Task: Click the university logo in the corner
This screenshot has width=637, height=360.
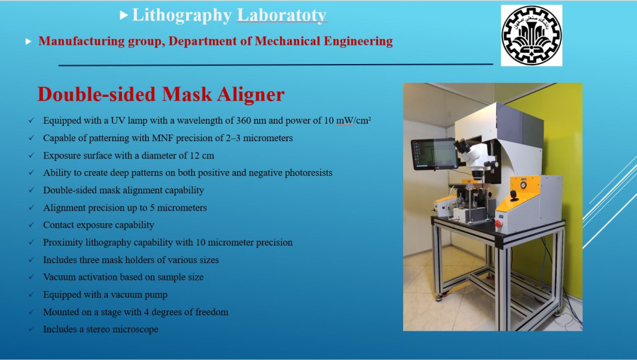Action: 531,35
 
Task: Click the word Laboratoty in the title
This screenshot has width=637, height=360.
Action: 282,15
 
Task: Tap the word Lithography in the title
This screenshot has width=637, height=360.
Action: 182,16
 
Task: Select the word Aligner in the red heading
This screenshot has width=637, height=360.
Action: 251,94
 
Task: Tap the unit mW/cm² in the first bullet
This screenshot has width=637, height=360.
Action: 353,121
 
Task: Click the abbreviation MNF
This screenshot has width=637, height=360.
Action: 162,138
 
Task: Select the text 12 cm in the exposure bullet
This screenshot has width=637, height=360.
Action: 202,155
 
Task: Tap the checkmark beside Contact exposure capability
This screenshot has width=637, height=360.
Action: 31,225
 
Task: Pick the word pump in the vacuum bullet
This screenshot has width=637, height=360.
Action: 157,295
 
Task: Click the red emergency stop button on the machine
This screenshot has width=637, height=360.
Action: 498,224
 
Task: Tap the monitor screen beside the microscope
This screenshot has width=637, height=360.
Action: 434,154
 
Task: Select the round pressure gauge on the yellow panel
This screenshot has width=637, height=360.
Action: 523,185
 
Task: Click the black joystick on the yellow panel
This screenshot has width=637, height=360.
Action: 514,196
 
